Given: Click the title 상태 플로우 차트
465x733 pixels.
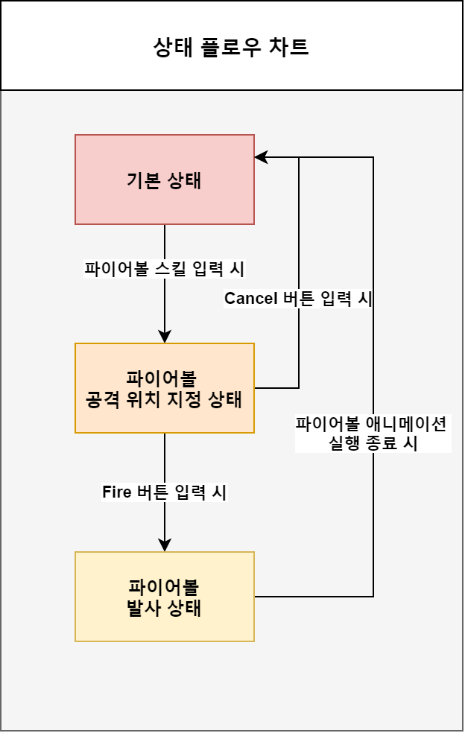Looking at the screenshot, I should [231, 47].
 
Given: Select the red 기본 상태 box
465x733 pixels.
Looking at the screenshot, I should [165, 180].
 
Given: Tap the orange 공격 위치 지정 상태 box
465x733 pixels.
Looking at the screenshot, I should [165, 388].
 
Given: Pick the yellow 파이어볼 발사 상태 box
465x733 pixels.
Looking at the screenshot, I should [165, 597].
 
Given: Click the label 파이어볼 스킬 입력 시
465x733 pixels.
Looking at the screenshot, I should [165, 268].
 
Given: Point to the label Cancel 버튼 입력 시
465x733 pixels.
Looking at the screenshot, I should [298, 299].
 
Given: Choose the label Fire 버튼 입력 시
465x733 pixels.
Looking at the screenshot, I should [165, 492].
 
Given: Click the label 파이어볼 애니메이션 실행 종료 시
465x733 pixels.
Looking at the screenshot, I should [373, 434].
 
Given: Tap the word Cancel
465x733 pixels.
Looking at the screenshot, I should [250, 299].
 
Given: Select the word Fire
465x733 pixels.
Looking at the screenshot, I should [117, 492].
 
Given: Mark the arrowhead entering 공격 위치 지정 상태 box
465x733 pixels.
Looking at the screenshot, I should [165, 337].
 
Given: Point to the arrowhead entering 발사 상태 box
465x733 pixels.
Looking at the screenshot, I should [165, 545].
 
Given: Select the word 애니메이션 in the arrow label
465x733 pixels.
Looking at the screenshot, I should [405, 425].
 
